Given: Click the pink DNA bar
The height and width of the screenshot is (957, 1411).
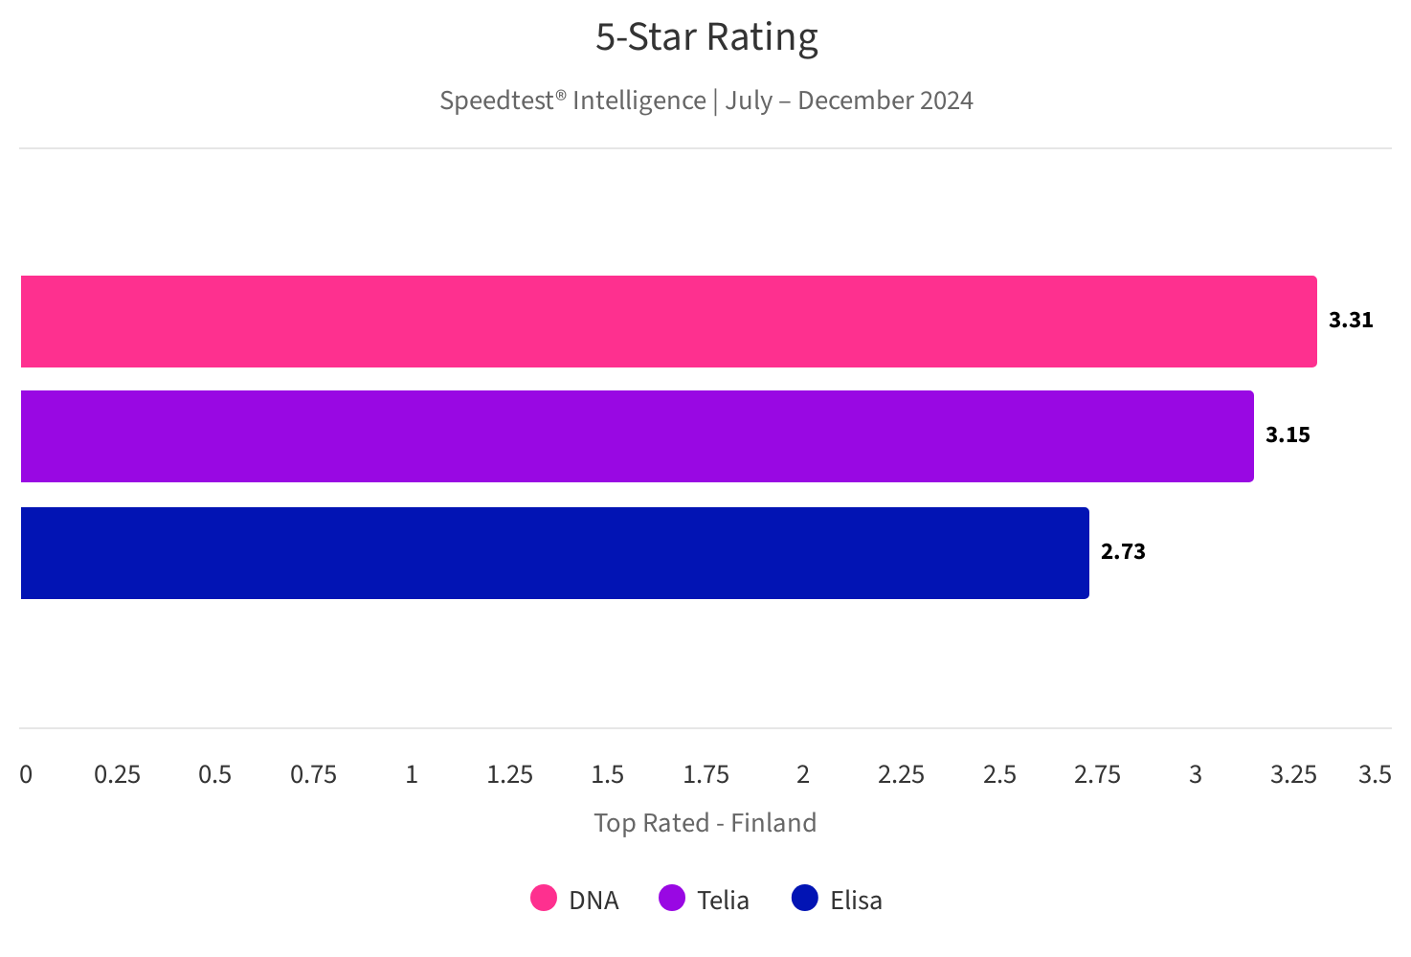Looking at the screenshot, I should coord(668,322).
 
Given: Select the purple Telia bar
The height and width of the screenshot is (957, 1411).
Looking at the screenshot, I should coord(637,436).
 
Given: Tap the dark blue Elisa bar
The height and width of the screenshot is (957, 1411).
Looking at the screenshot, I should coord(554,553).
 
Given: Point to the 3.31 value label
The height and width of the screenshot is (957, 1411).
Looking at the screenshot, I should coord(1351,321).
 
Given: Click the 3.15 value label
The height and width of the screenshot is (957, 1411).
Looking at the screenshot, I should coord(1288,435).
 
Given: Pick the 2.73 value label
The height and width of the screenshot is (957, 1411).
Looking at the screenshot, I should coord(1123,552).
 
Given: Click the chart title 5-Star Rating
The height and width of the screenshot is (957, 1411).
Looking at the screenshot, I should coord(706,38).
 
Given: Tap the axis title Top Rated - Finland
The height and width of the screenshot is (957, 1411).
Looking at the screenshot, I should coord(705,823).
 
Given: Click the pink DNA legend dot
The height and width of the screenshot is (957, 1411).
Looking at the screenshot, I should coord(544,899).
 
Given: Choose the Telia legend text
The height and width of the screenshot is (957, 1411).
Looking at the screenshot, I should coord(723,901).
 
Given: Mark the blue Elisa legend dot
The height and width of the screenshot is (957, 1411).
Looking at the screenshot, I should coord(805,899).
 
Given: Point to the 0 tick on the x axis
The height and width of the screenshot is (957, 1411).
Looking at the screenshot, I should coord(26,774).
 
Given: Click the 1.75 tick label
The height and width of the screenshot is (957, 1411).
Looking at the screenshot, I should coord(705,774).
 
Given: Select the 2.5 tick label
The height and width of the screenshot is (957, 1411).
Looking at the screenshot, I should coord(999,774).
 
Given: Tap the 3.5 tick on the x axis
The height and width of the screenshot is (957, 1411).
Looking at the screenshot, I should coord(1375,774).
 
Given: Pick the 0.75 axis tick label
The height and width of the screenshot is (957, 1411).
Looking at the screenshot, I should coord(313,774).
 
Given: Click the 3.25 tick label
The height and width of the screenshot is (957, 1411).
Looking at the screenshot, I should coord(1293,774).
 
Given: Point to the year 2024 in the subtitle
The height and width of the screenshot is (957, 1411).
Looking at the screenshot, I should coord(946,100).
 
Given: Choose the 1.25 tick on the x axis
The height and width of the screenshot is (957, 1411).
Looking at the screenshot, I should coord(509,774).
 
